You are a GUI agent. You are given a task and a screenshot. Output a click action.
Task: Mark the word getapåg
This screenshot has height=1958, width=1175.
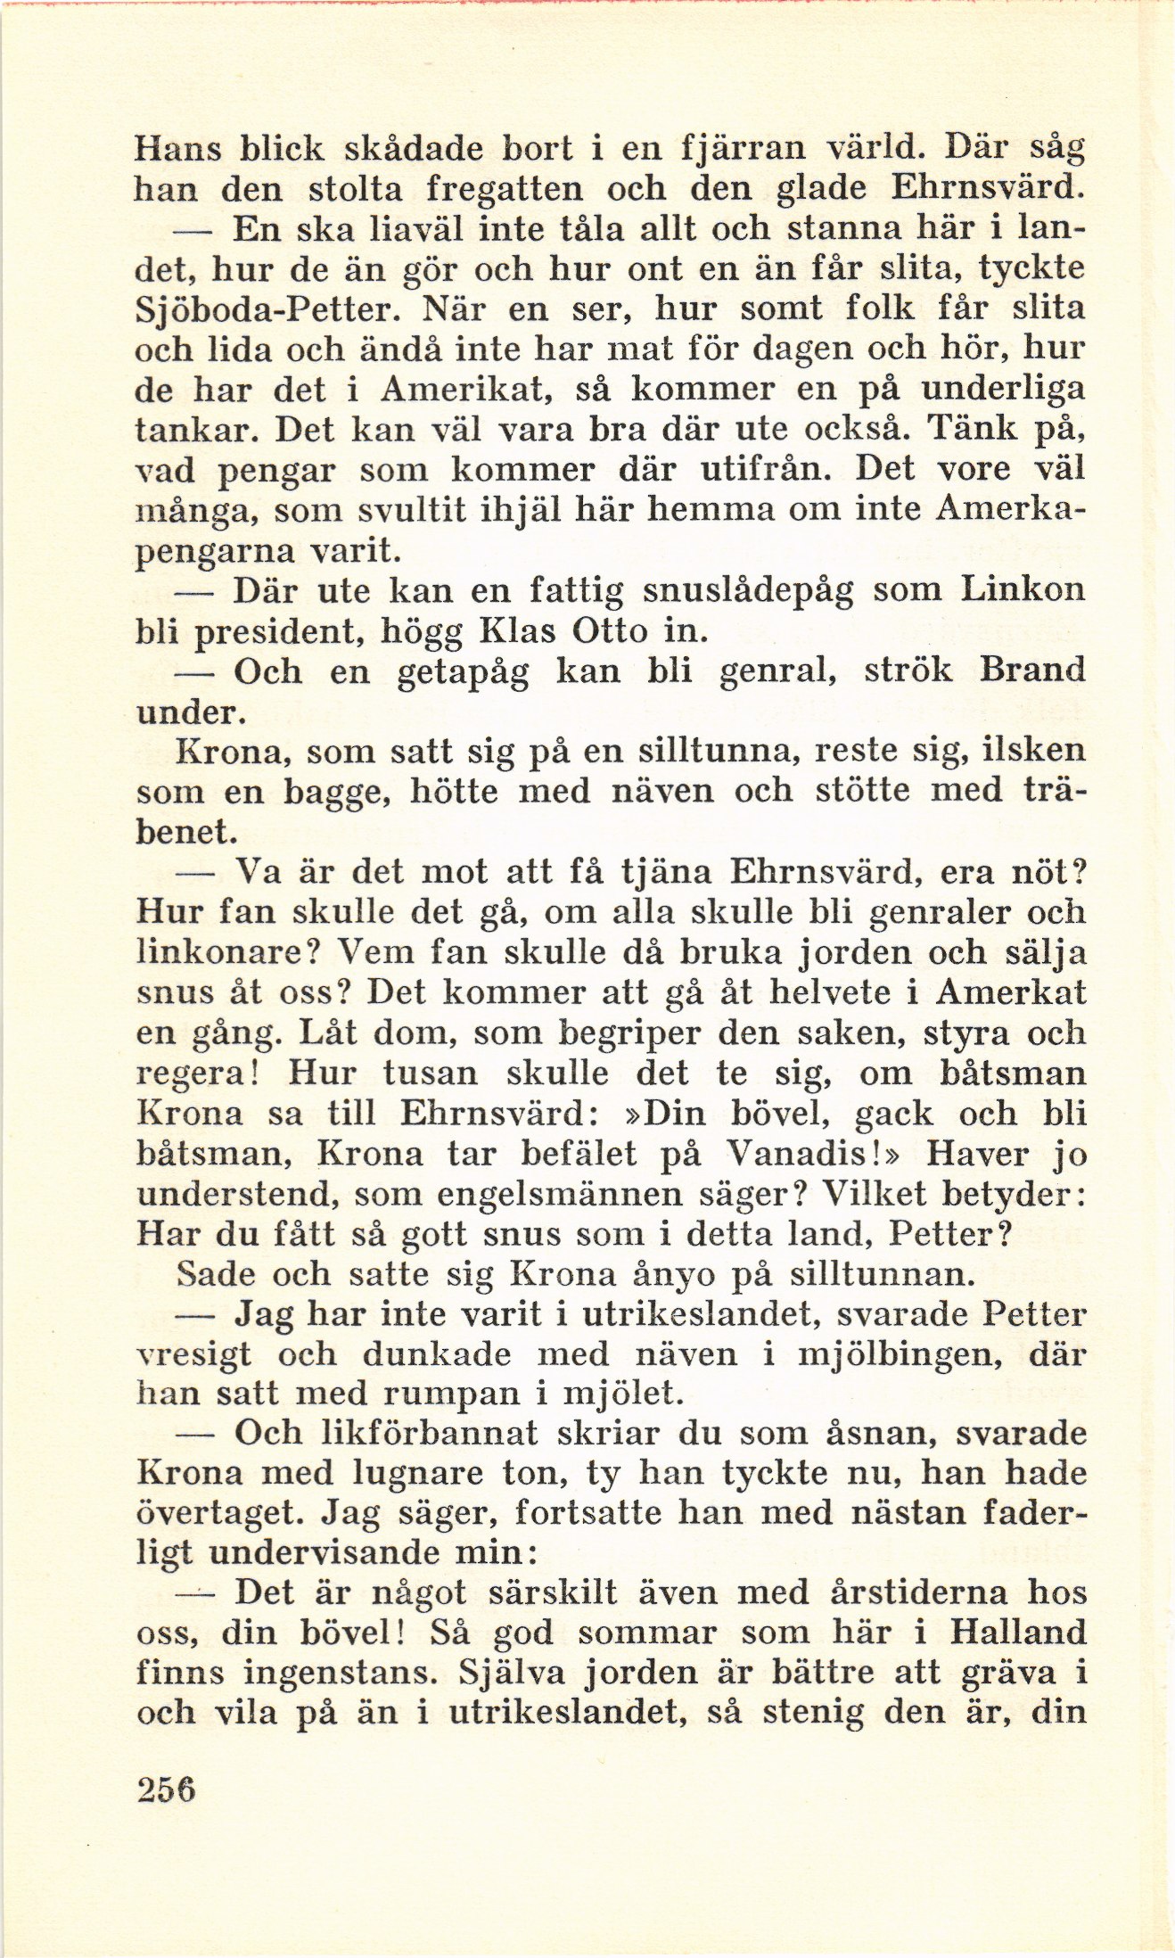tap(462, 672)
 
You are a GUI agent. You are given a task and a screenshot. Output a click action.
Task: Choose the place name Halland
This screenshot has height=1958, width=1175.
tap(1017, 1633)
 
